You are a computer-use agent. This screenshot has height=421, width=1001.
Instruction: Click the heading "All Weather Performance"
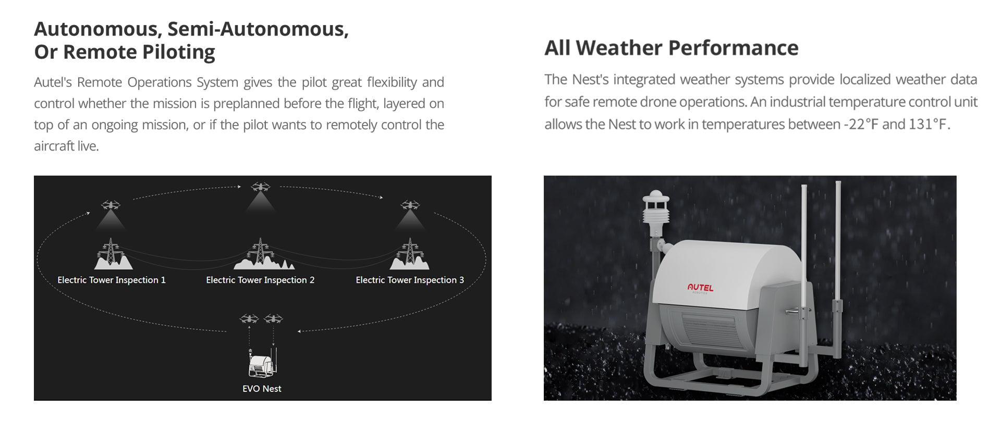click(x=671, y=48)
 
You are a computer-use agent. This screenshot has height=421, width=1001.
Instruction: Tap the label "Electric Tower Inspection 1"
click(x=112, y=280)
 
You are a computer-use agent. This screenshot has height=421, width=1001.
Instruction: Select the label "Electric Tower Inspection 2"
click(x=260, y=280)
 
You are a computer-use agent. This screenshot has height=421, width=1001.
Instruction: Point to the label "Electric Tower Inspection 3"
click(x=410, y=280)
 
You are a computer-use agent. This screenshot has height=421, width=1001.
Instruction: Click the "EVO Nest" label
click(x=262, y=389)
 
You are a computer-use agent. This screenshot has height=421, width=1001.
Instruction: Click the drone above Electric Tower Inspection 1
click(x=111, y=205)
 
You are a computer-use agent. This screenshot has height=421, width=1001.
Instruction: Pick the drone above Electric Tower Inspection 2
click(x=261, y=187)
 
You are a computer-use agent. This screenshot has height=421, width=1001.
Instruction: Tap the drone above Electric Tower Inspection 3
click(x=410, y=205)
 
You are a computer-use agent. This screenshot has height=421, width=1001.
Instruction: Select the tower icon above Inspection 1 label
click(x=111, y=254)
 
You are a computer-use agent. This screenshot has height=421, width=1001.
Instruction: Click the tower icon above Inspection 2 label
click(x=262, y=254)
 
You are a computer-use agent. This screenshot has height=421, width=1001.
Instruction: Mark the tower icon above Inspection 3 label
click(x=410, y=254)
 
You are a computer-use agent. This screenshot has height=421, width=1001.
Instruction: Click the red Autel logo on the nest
click(x=700, y=287)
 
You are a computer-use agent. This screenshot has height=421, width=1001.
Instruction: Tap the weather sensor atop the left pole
click(x=656, y=209)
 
